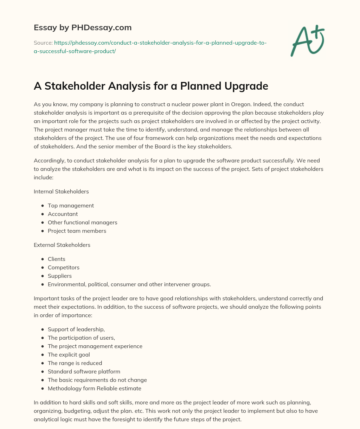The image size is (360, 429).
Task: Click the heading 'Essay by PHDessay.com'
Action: [83, 27]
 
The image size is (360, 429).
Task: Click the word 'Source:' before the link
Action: [43, 43]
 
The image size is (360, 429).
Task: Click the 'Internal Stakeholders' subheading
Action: [61, 192]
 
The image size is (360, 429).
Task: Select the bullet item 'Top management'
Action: [71, 205]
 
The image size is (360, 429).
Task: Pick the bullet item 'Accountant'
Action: [63, 214]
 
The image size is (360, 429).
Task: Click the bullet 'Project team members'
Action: [77, 231]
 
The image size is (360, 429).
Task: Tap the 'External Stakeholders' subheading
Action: [62, 245]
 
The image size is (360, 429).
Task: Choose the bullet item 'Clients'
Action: [57, 259]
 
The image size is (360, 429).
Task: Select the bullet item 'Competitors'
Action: [64, 267]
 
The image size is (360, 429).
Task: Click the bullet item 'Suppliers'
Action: [60, 276]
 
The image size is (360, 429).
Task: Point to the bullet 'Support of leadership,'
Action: [76, 329]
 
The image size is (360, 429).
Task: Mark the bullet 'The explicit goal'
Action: [69, 355]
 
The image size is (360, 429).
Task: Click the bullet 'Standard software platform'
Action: [84, 372]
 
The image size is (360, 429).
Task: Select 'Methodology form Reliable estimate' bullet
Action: [95, 389]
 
